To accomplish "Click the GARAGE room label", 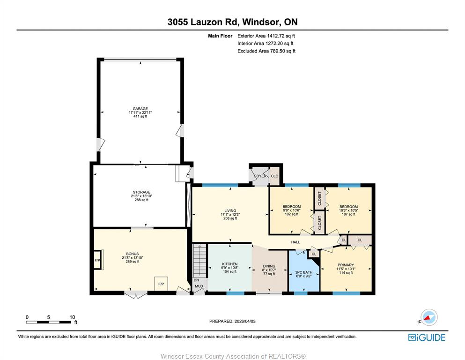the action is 140,109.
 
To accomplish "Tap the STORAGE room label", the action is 141,192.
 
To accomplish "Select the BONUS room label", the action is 132,254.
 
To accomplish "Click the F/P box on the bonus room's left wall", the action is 97,260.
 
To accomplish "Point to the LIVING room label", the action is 230,210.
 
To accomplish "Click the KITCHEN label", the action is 230,264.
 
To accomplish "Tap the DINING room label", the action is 269,266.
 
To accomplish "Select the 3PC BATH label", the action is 303,272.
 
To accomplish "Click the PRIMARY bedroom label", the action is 346,265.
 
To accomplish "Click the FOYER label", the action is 260,176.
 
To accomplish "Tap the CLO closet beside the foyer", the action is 274,176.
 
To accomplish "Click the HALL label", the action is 295,242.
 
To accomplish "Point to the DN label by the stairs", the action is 196,280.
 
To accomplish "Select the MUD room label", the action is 199,286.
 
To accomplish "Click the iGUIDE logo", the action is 427,337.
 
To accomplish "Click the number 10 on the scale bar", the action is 72,317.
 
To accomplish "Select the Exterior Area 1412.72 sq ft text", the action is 266,36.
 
